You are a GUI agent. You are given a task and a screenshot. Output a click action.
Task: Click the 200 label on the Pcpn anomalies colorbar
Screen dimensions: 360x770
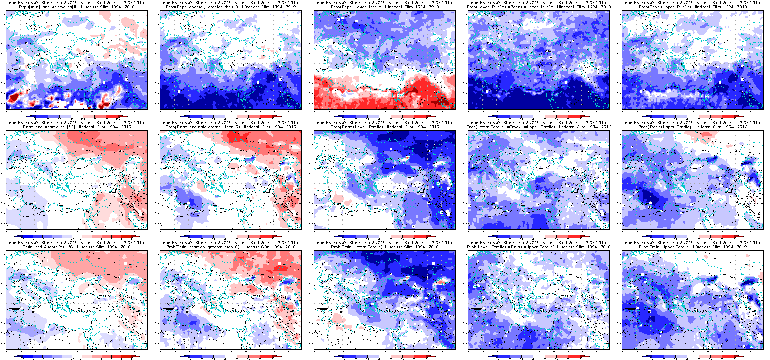tap(118, 119)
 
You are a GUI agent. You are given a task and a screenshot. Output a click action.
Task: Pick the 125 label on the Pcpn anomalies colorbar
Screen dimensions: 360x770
tap(83, 119)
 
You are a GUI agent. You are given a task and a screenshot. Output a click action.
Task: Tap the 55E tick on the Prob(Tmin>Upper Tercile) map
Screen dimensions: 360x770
tap(763, 352)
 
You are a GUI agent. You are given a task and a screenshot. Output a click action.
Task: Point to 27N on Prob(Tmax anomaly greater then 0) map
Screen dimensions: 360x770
tap(157, 223)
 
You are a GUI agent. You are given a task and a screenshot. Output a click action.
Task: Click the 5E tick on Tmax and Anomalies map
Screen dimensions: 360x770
tap(6, 231)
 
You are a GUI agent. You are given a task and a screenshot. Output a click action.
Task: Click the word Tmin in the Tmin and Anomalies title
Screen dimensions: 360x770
tap(28, 247)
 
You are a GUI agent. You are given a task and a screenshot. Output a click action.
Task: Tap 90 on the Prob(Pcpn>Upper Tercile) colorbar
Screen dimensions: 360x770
tap(734, 119)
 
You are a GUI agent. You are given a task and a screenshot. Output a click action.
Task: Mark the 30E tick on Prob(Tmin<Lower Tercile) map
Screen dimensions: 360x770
tap(385, 352)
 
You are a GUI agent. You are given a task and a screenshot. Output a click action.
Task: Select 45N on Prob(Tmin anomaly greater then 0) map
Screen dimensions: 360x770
tap(157, 284)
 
